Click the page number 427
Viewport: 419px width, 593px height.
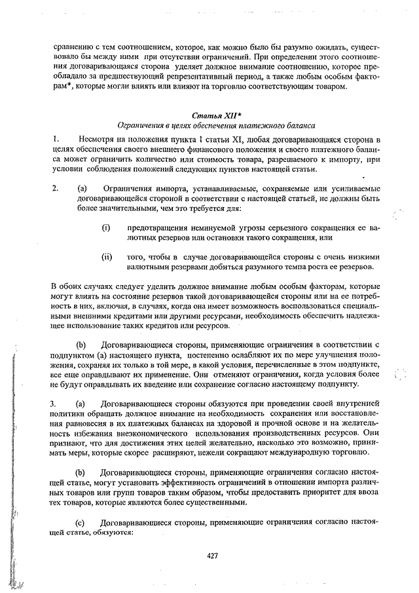(x=211, y=556)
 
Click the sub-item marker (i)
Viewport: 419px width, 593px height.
(x=105, y=227)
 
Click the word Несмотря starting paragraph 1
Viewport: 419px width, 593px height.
(x=96, y=140)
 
